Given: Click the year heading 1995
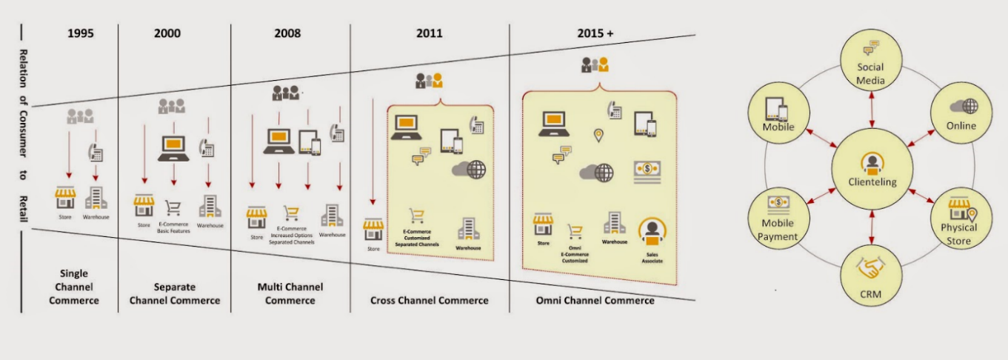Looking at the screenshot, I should [81, 33].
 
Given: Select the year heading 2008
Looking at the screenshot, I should [289, 33].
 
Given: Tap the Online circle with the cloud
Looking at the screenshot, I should [961, 115].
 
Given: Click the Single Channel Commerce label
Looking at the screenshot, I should [74, 287].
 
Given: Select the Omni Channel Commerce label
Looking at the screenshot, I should [595, 301].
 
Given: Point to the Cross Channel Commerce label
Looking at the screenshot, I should [429, 301].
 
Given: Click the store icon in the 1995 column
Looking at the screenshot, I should [65, 199].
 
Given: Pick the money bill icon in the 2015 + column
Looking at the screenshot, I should [647, 172].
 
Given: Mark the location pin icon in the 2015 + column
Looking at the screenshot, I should [598, 135].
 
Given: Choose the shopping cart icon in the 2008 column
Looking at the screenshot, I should [292, 213].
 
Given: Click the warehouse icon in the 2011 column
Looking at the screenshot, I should [468, 228].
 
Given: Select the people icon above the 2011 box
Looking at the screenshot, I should [429, 79].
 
